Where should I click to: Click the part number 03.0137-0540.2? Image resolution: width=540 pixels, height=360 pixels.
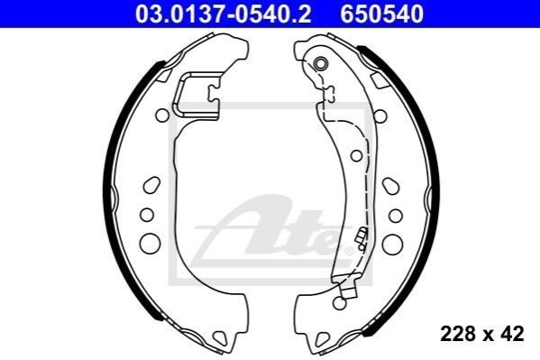point(224,14)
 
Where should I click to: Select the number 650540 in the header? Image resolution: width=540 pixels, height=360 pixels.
point(382,14)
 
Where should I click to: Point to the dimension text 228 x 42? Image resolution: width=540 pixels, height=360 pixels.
point(481,334)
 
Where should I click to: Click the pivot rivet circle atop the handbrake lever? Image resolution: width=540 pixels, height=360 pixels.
point(321,63)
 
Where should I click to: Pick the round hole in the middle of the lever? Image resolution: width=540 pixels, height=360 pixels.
point(356,155)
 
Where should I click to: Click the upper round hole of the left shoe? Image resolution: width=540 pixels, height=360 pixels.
point(162,115)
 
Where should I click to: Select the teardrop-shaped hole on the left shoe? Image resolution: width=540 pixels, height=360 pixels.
point(151,185)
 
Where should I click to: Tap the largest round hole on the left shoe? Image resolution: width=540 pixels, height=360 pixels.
point(151,243)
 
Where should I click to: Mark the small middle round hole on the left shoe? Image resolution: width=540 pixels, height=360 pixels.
point(147,215)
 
